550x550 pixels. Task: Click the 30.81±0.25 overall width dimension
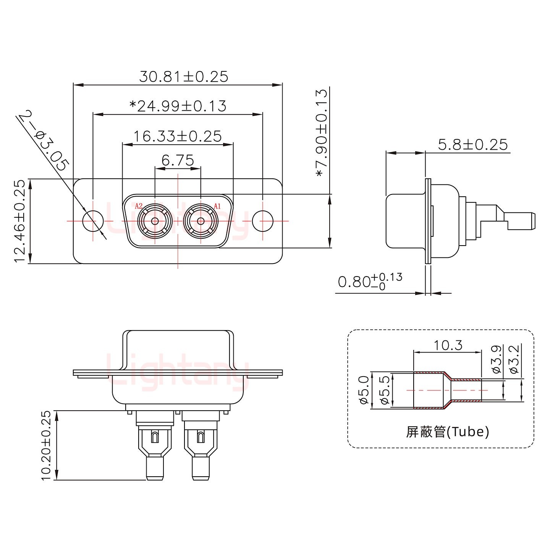tap(183, 77)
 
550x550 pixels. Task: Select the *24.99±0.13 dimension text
tap(178, 106)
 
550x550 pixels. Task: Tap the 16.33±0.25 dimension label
tap(178, 136)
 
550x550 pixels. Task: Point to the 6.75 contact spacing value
tap(177, 160)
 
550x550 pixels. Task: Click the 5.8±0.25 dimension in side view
tap(472, 145)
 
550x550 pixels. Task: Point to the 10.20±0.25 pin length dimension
tap(46, 445)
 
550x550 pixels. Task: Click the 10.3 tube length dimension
tap(448, 345)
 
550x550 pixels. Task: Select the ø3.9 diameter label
tap(497, 359)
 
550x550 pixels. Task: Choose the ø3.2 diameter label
tap(514, 359)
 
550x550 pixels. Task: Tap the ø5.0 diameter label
tap(363, 390)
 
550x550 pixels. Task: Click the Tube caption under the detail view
tap(447, 432)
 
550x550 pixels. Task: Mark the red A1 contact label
tap(217, 206)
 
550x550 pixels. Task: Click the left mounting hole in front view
tap(93, 221)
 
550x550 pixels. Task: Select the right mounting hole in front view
tap(263, 221)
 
